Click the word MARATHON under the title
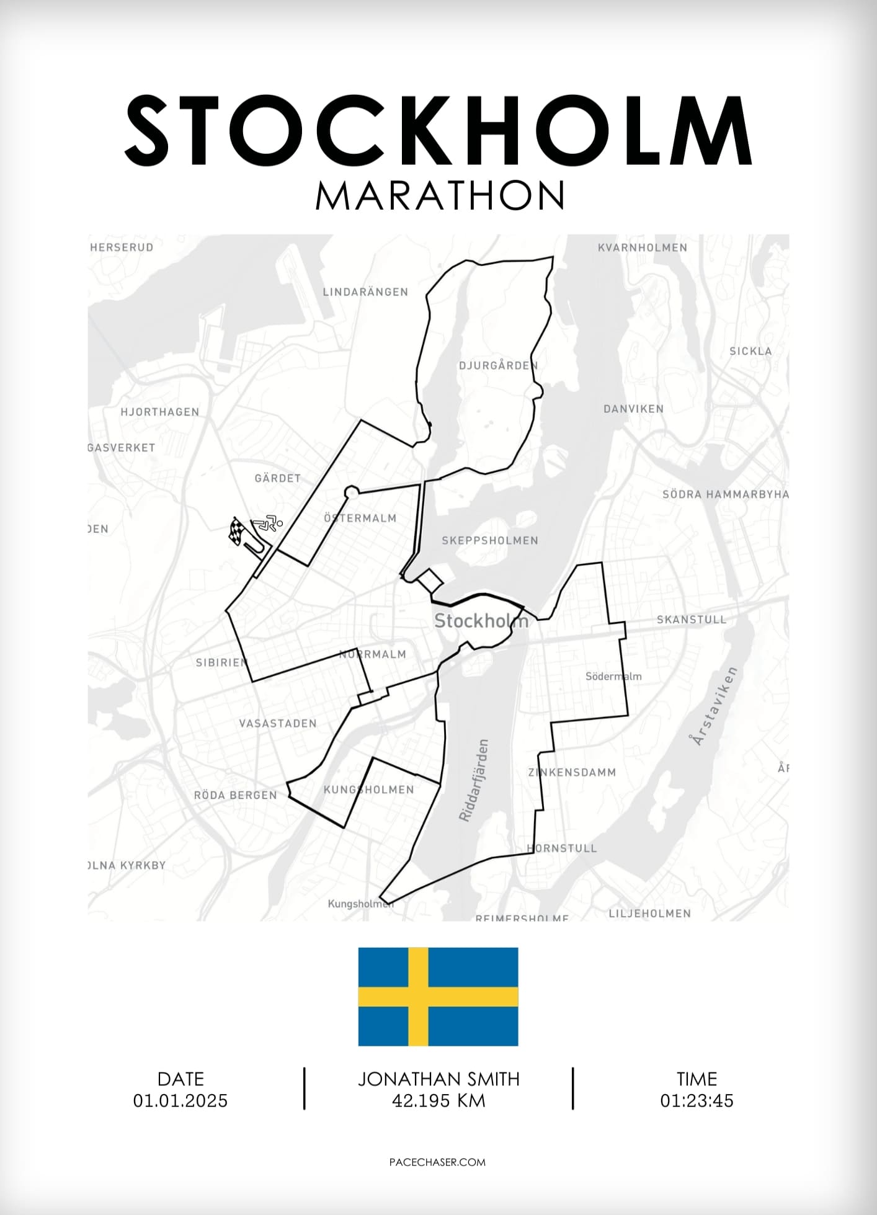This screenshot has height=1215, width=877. coord(440,195)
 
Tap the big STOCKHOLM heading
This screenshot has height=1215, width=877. coord(439,131)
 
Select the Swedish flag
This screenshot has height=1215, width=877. coord(438,996)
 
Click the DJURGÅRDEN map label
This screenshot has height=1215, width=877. coord(498,365)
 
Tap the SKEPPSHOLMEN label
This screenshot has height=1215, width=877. coord(490,540)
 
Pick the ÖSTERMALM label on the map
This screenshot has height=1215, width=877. coord(360,518)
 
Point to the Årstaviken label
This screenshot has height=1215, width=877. coord(713,706)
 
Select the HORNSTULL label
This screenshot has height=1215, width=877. coord(562,848)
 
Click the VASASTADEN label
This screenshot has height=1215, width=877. coord(278,723)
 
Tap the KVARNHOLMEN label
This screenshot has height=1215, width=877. coord(643,247)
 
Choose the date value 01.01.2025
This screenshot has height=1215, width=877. coord(180,1101)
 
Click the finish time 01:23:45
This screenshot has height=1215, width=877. coord(697,1101)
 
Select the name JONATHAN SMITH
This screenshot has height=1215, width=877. coord(439,1079)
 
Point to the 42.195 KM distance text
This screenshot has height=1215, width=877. coord(439,1101)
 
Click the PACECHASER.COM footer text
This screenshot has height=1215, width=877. coord(438,1162)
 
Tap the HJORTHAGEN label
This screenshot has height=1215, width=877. coord(160,412)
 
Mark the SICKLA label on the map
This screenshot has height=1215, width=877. coord(750,351)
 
